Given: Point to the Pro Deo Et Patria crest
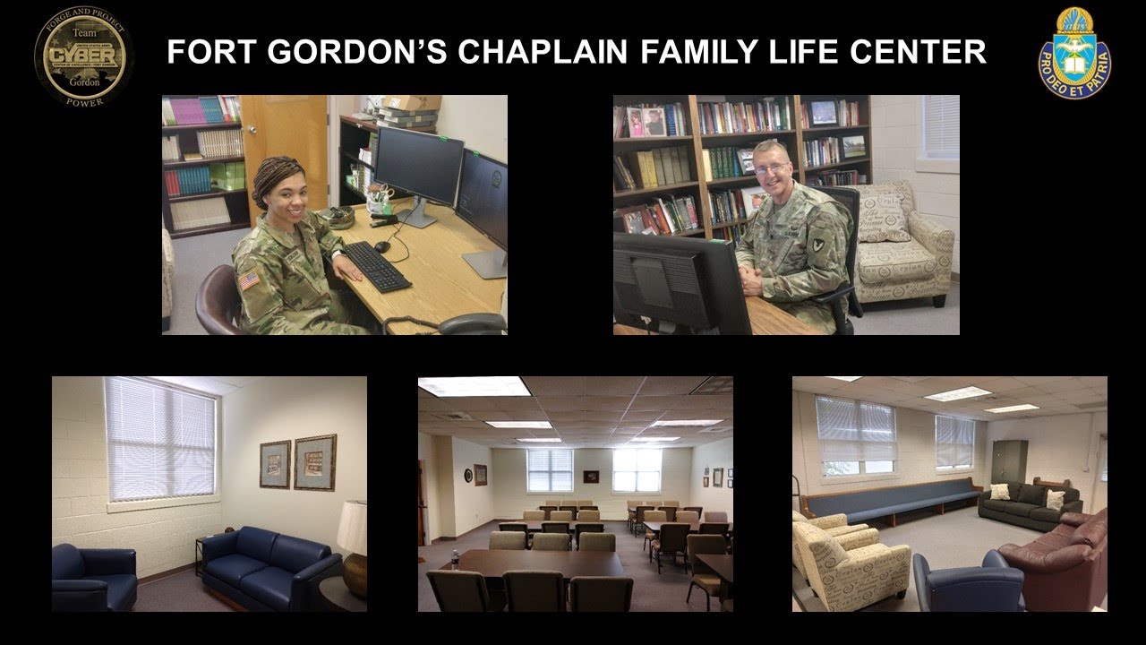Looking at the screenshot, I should (1074, 54).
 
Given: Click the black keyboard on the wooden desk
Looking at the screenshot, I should (376, 267).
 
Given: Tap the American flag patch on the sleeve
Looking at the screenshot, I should (249, 281).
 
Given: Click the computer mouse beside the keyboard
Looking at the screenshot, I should (382, 246).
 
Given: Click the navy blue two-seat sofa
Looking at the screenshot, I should (269, 567).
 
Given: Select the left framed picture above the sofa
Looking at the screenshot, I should (275, 464).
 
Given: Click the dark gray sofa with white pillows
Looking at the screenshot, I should (1030, 504).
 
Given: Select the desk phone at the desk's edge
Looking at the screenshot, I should (471, 323).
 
